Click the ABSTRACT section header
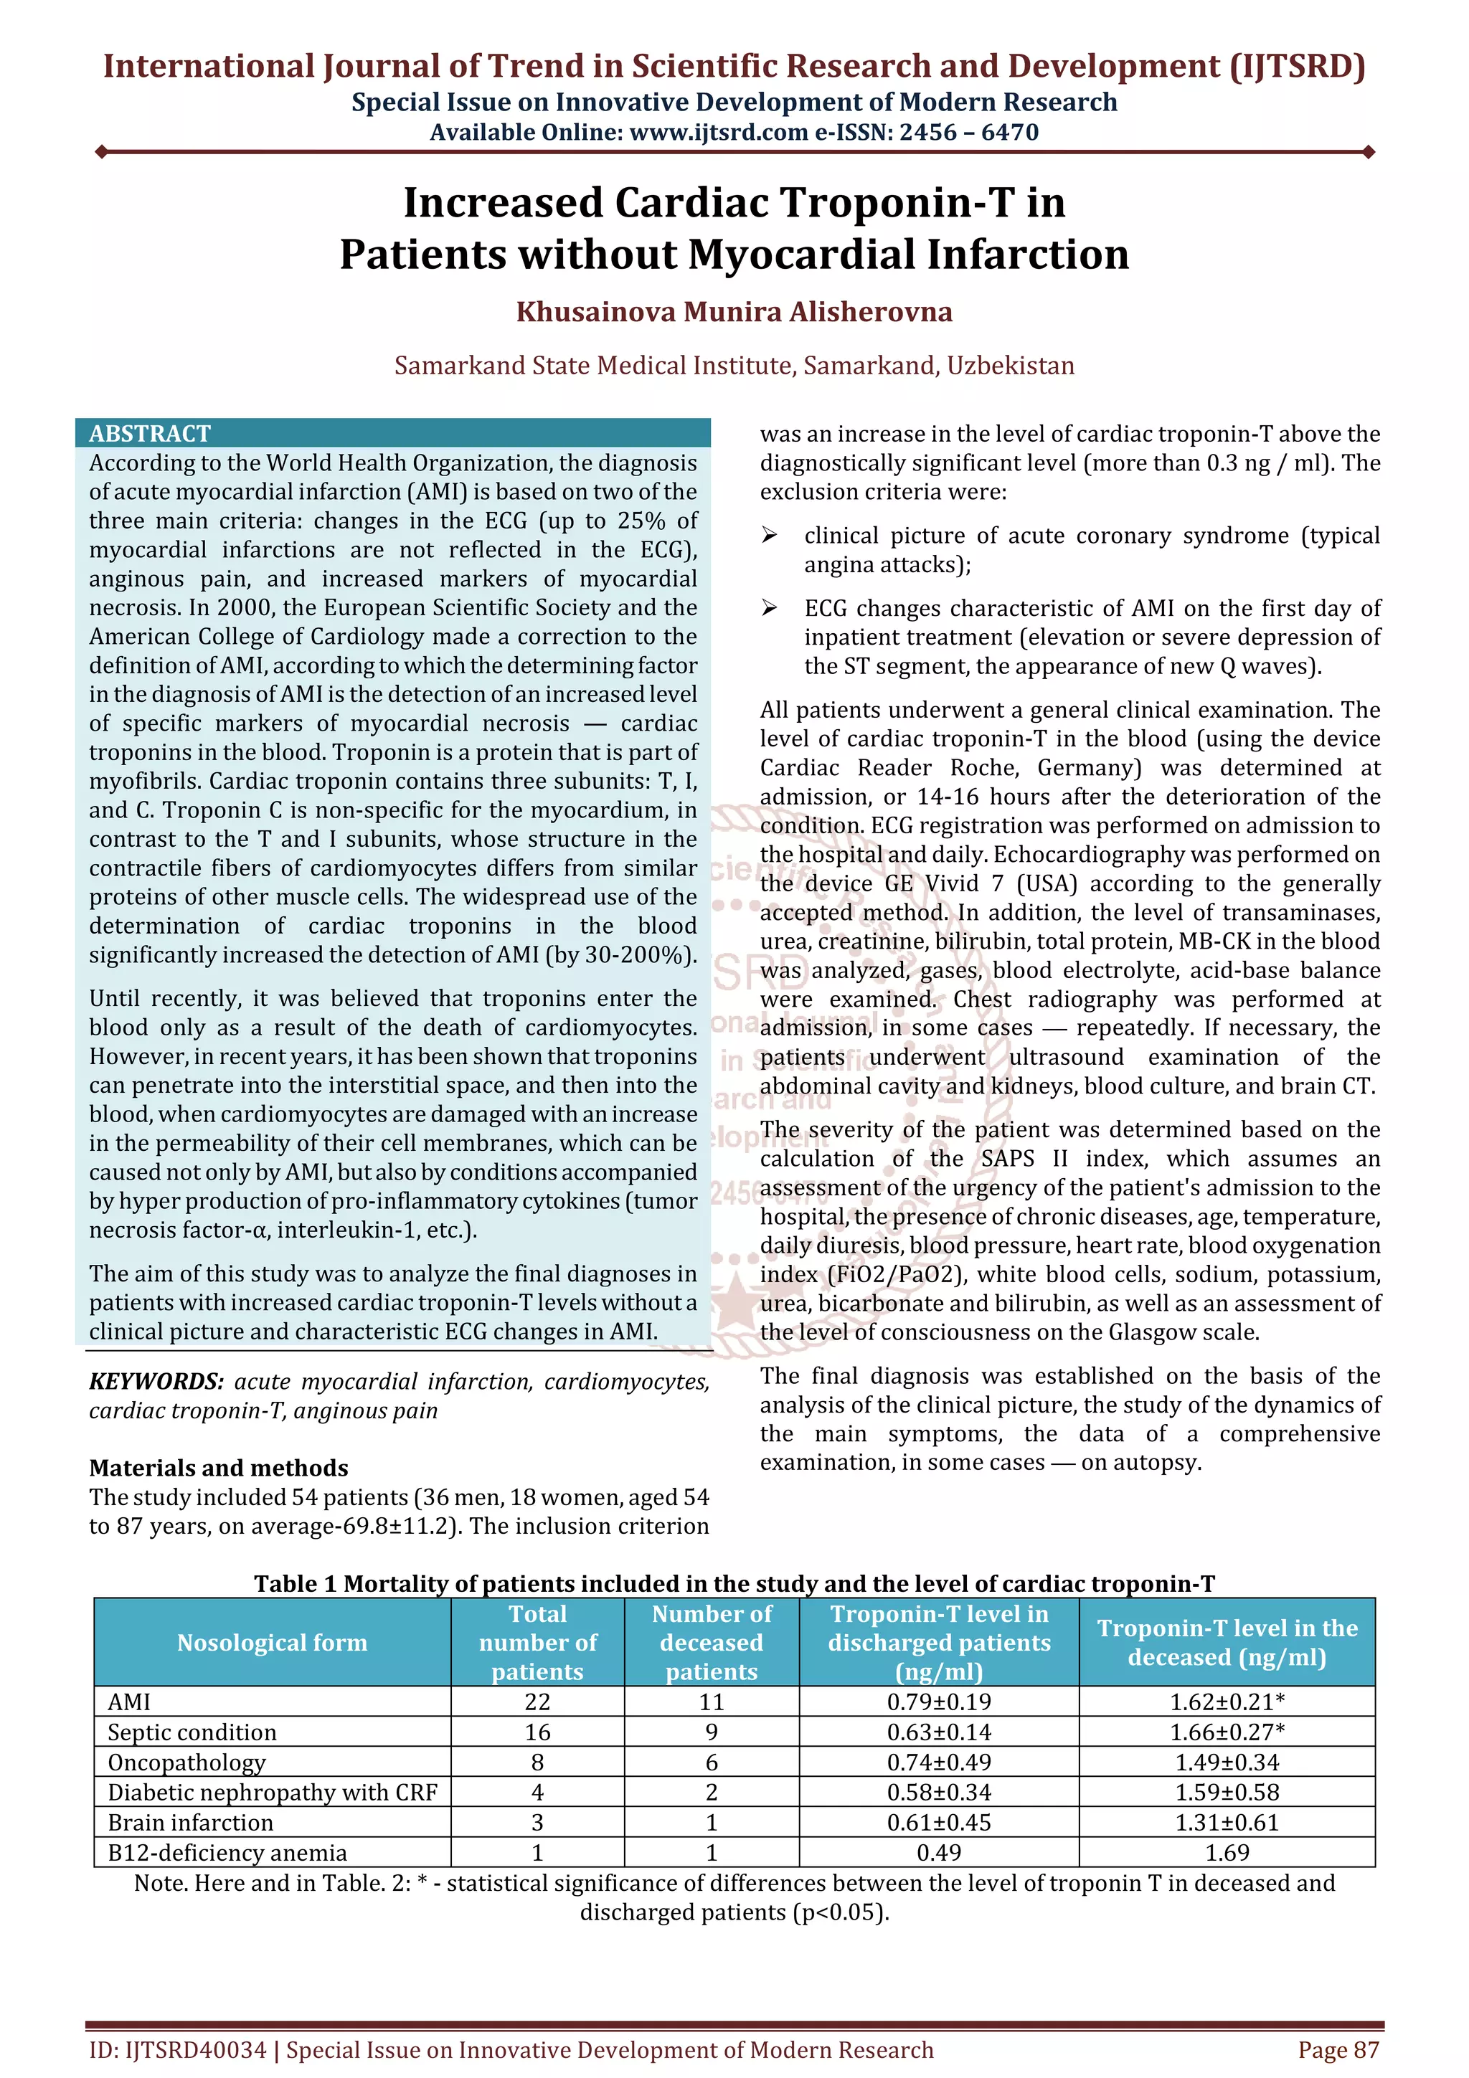pyautogui.click(x=149, y=434)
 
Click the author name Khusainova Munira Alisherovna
pyautogui.click(x=734, y=312)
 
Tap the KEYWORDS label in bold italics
pyautogui.click(x=156, y=1381)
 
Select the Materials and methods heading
pyautogui.click(x=218, y=1468)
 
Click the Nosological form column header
pyautogui.click(x=272, y=1643)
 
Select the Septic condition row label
pyautogui.click(x=192, y=1732)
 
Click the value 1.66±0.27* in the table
pyautogui.click(x=1227, y=1732)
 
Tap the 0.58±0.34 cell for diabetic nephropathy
pyautogui.click(x=939, y=1792)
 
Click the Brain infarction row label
pyautogui.click(x=190, y=1822)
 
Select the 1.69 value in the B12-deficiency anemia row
pyautogui.click(x=1227, y=1853)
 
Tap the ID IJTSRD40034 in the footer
pyautogui.click(x=177, y=2050)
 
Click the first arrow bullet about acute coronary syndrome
pyautogui.click(x=770, y=536)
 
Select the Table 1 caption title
pyautogui.click(x=734, y=1583)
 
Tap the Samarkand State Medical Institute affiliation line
pyautogui.click(x=734, y=366)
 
